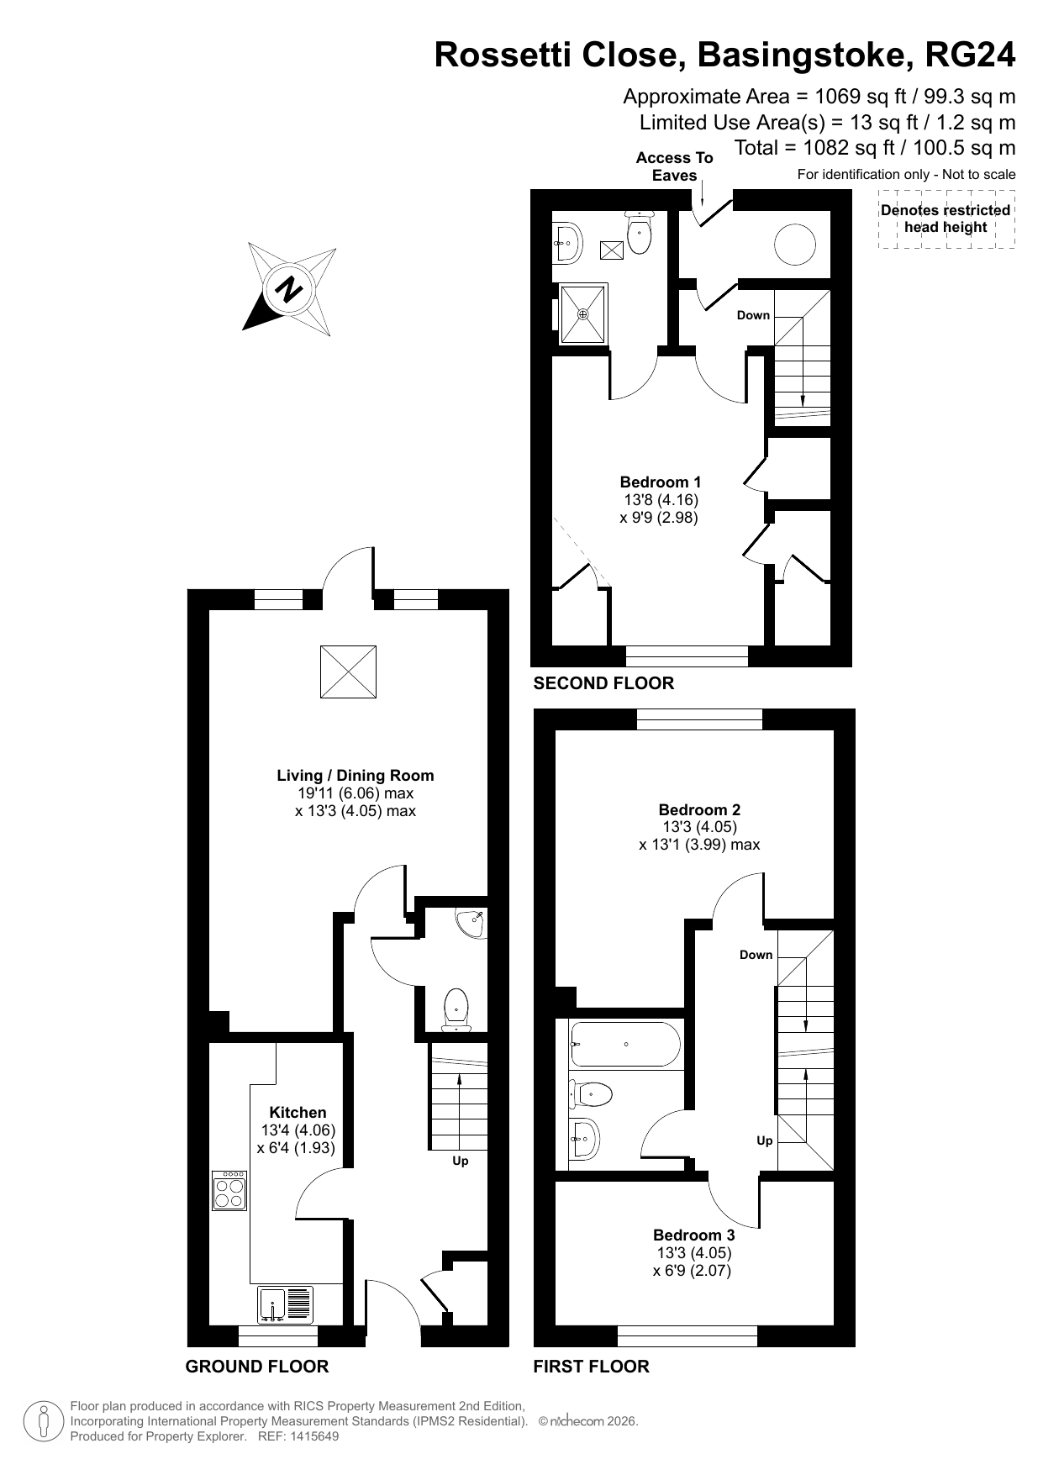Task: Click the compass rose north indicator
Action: tap(290, 290)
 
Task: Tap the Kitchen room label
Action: tap(298, 1112)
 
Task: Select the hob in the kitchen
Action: tap(229, 1190)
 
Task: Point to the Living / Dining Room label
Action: tap(356, 775)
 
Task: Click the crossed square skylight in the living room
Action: tap(348, 672)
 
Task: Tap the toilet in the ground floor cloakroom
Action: tap(456, 1009)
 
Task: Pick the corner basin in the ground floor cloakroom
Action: tap(471, 924)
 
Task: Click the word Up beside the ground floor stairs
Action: tap(461, 1161)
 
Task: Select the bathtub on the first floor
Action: tap(625, 1045)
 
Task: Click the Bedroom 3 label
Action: tap(693, 1235)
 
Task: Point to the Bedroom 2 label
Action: tap(699, 809)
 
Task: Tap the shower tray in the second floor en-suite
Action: tap(583, 314)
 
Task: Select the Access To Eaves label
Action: tap(674, 166)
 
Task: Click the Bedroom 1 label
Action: tap(660, 482)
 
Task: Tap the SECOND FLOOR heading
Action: tap(603, 682)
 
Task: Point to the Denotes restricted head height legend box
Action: tap(946, 219)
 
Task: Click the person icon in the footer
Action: tap(44, 1421)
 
